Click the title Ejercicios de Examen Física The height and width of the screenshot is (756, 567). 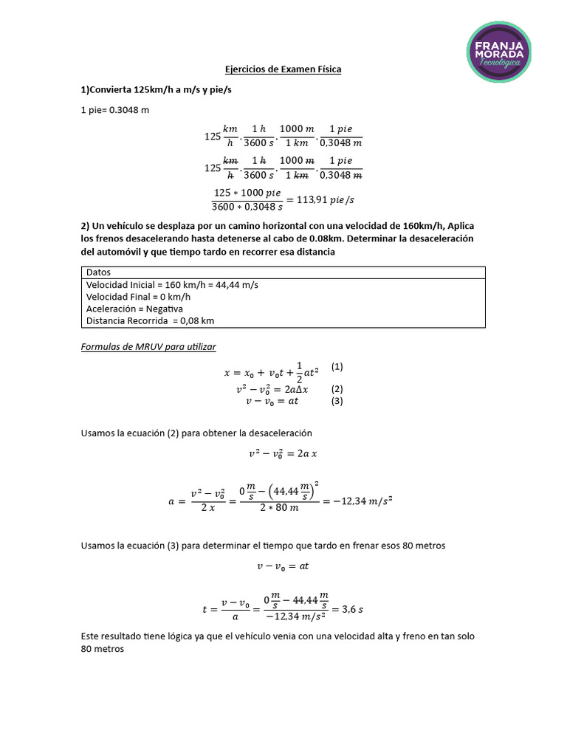click(x=283, y=70)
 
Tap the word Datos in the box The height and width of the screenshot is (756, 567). click(x=98, y=272)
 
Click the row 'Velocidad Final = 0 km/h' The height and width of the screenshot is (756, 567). click(x=133, y=297)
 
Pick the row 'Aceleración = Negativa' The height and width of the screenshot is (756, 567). click(x=134, y=309)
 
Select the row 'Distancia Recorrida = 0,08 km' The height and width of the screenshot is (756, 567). click(x=150, y=320)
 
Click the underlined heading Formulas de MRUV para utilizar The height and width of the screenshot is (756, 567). click(x=148, y=346)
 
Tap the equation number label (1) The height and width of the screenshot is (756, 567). click(x=337, y=367)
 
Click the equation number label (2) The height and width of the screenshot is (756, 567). click(x=337, y=389)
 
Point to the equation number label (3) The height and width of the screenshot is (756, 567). click(x=337, y=402)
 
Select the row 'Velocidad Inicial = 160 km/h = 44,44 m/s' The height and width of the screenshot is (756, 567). click(x=172, y=285)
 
